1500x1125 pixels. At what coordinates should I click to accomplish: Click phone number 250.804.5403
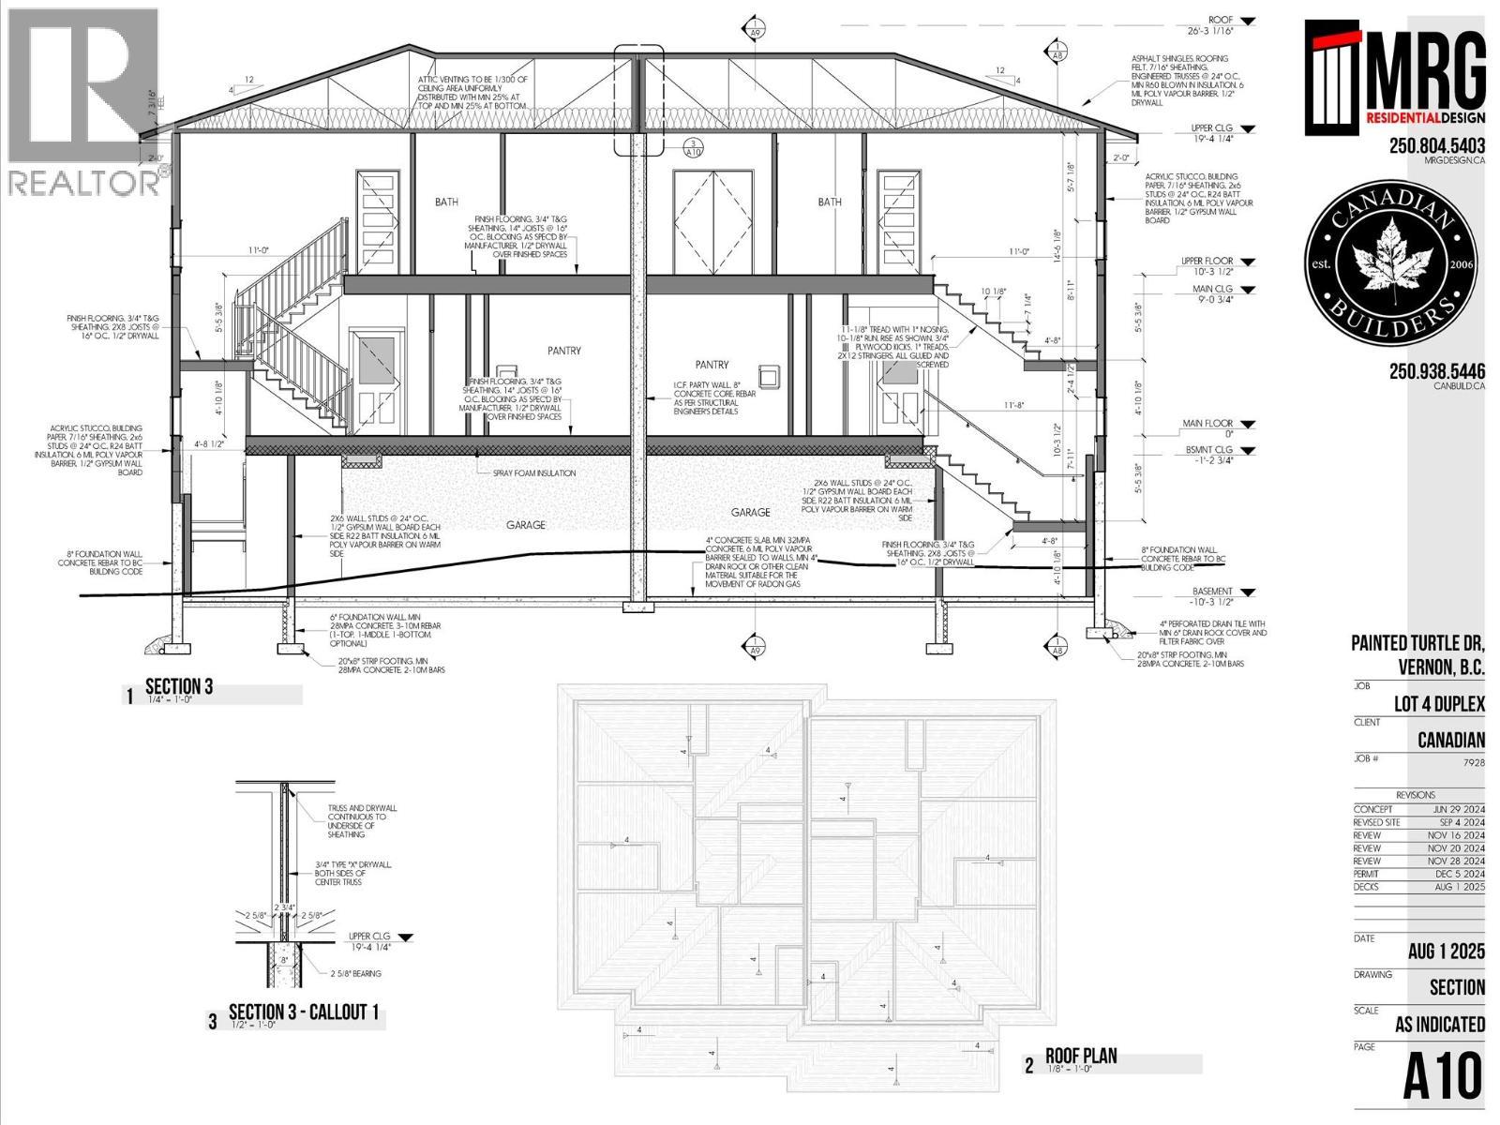point(1436,145)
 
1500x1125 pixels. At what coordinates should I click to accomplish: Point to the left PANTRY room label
point(563,351)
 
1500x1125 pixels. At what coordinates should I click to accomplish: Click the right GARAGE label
point(750,513)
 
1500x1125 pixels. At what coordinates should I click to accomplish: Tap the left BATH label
point(446,202)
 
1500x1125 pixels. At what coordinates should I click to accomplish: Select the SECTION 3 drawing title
point(179,686)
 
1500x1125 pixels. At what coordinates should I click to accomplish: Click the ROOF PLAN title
point(1081,1057)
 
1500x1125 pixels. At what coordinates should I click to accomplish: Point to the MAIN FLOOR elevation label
point(1207,424)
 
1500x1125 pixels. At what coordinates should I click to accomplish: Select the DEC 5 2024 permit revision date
point(1460,874)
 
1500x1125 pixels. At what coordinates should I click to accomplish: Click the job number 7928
point(1474,762)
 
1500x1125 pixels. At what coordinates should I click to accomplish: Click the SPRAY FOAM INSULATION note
point(534,473)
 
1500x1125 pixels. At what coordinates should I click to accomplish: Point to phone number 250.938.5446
point(1436,371)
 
